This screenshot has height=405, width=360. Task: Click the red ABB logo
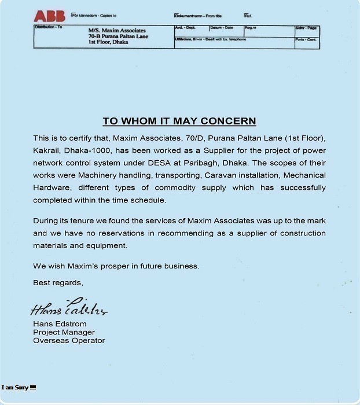click(49, 16)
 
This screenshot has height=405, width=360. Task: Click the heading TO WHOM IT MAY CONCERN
click(179, 121)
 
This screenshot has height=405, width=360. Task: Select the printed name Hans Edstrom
click(58, 324)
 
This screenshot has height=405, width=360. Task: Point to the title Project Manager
click(64, 332)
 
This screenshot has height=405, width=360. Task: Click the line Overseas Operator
click(69, 340)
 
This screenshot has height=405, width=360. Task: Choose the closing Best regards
click(58, 282)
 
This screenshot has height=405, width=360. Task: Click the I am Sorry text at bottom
click(14, 387)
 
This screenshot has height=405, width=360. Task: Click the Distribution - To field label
click(49, 27)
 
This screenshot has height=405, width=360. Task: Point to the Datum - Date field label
click(221, 27)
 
